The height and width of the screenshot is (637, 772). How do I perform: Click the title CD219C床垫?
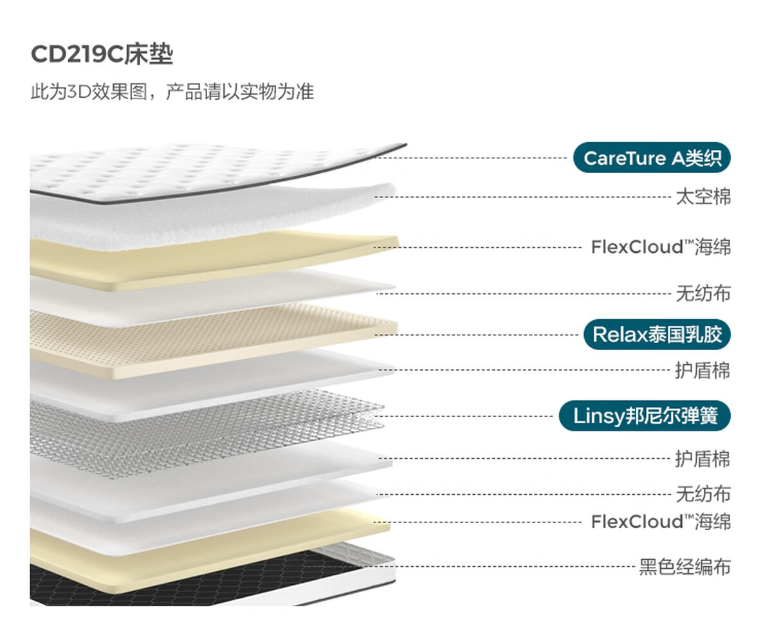click(x=102, y=55)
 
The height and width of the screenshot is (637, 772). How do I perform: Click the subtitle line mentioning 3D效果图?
click(x=172, y=92)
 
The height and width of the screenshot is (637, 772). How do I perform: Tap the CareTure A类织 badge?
click(x=652, y=158)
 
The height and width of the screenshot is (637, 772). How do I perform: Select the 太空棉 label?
click(x=703, y=197)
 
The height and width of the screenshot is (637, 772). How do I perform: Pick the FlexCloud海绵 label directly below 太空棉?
click(x=661, y=247)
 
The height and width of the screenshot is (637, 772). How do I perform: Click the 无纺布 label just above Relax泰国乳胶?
click(x=703, y=294)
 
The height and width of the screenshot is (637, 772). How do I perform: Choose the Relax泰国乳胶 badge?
click(x=657, y=335)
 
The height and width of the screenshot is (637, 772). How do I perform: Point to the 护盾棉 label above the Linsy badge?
click(x=703, y=371)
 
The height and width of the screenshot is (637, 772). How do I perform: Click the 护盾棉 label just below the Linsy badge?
click(x=703, y=459)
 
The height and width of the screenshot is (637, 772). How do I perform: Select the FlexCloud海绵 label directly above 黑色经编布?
click(x=661, y=521)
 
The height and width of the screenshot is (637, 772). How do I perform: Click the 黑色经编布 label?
click(x=685, y=568)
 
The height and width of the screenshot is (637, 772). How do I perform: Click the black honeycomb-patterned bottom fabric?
click(x=161, y=579)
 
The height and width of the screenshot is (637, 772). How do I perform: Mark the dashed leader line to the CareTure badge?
click(x=476, y=158)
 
